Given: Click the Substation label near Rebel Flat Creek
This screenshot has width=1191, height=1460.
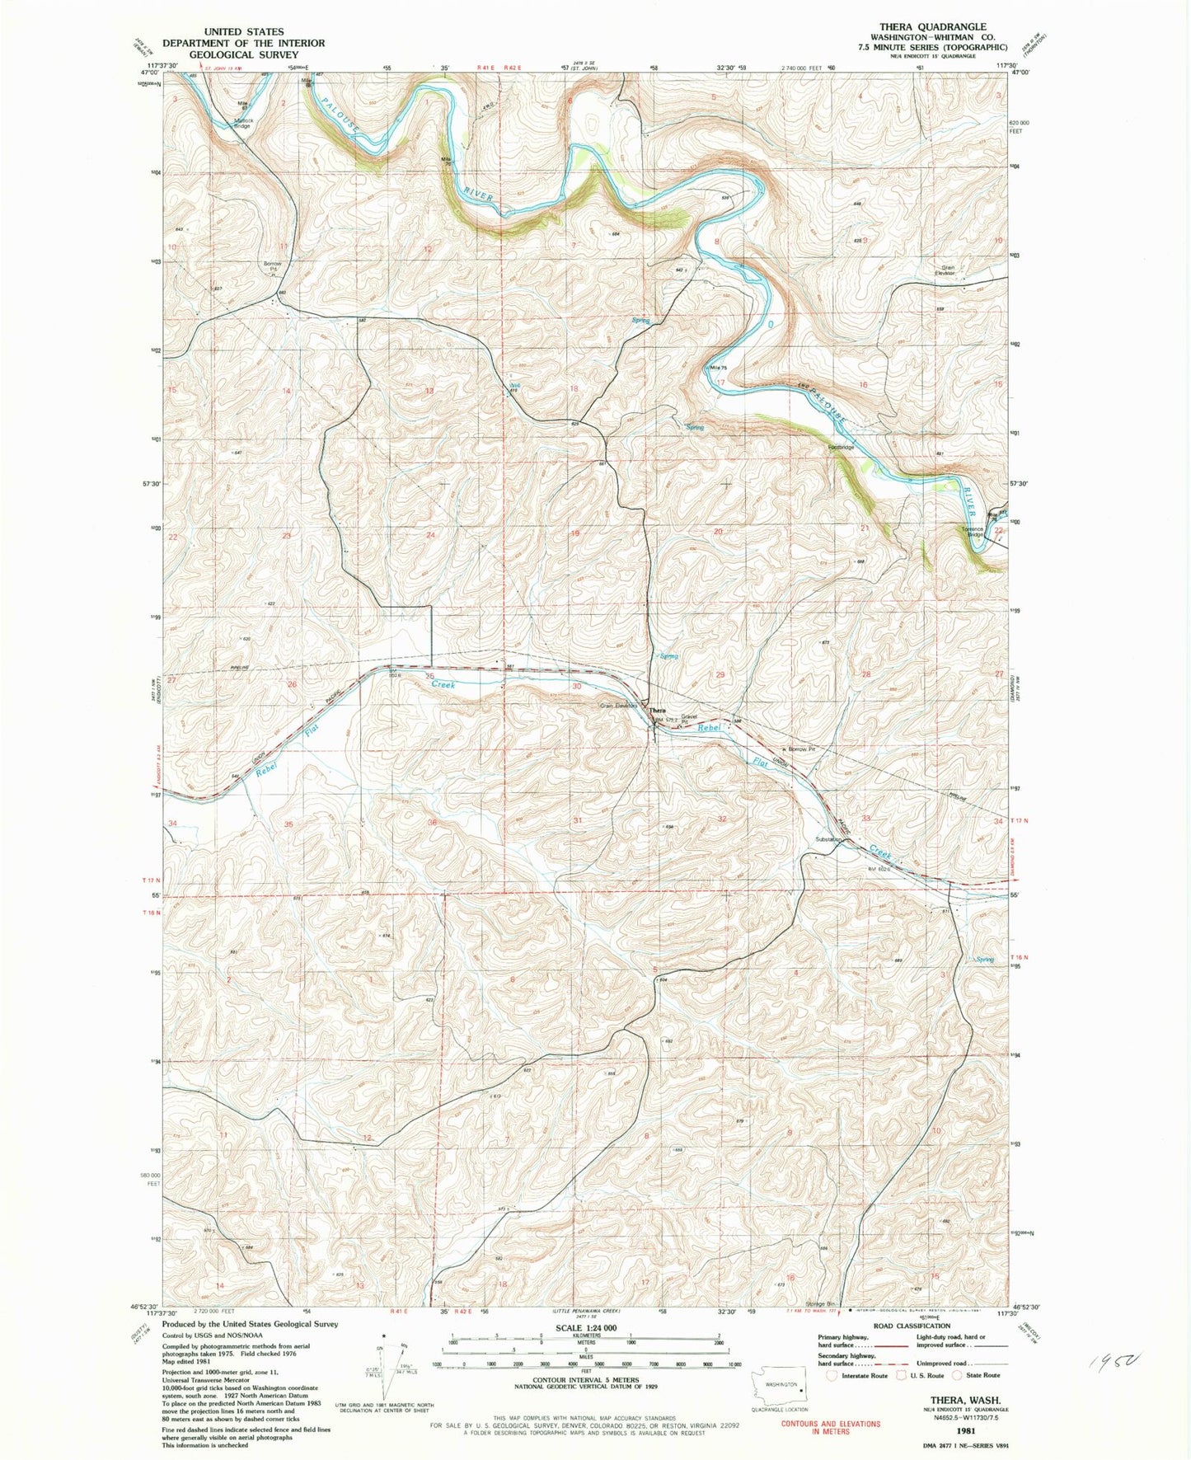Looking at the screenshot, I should (828, 839).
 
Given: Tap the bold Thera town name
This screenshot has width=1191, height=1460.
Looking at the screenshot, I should (657, 711).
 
